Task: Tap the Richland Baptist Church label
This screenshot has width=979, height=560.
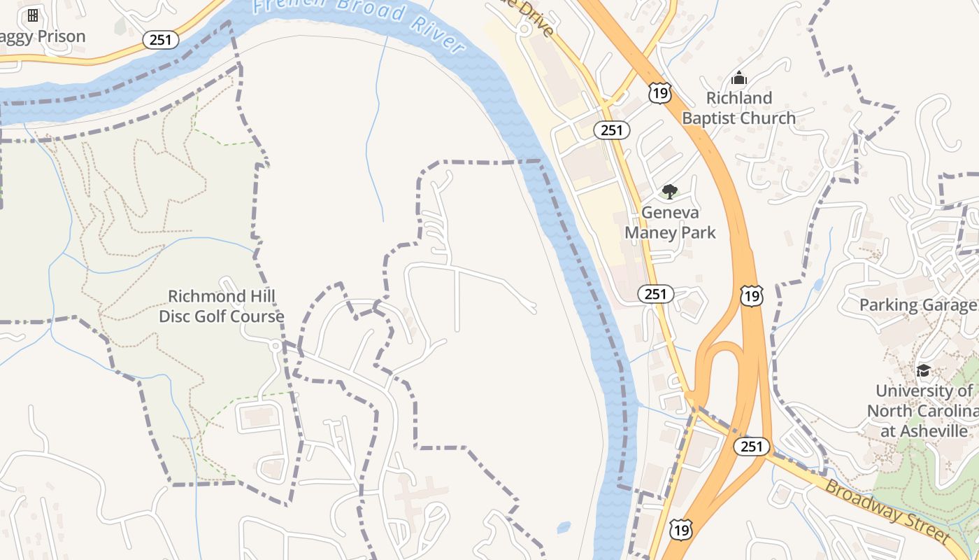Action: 738,108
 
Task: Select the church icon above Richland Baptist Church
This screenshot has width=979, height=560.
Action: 739,78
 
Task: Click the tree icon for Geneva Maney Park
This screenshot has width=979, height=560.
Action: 669,191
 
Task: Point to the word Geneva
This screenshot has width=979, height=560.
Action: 670,212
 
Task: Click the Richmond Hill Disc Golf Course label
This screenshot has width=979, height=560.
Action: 221,306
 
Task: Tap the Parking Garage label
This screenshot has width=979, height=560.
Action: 918,304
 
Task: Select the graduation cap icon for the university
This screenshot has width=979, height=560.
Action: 923,370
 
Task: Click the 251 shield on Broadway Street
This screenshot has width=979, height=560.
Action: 751,446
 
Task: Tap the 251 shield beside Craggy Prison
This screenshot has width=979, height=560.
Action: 161,40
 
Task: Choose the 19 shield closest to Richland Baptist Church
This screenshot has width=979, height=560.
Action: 659,92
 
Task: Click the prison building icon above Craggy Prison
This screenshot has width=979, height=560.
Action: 33,15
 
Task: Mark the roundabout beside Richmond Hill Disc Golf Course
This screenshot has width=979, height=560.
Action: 276,346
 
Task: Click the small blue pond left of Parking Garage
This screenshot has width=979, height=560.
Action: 819,284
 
